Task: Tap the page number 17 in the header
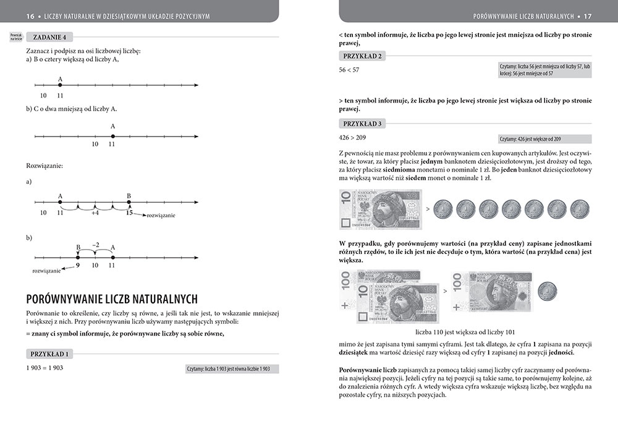point(605,15)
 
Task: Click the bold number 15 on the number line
point(129,213)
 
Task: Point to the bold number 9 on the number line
point(78,264)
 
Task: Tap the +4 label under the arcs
point(95,213)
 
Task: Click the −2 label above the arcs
point(95,245)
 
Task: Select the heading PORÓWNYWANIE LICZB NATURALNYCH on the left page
point(112,299)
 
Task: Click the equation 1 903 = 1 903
point(44,367)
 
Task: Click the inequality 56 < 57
point(349,70)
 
